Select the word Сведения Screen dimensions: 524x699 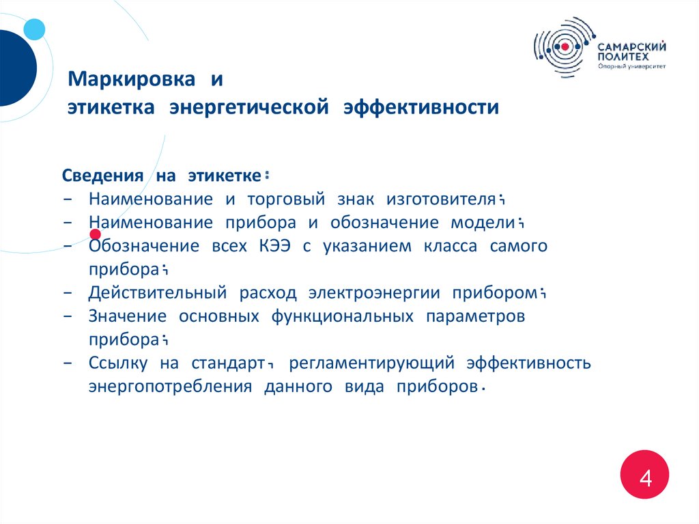tap(102, 176)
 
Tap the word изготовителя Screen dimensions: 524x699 tap(440, 199)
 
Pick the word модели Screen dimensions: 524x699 tap(481, 223)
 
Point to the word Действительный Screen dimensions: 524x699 tap(157, 293)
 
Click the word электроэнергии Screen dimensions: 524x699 tap(374, 293)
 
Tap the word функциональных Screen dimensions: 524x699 tap(342, 316)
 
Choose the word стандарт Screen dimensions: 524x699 tap(227, 363)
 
